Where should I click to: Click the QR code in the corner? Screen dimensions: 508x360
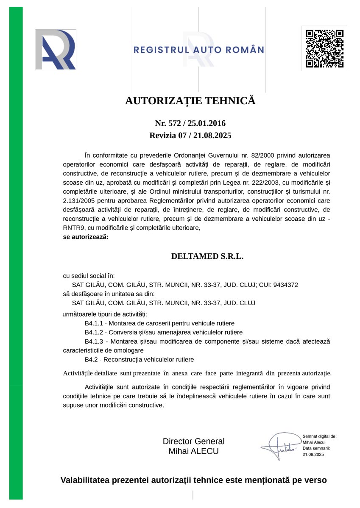(x=324, y=48)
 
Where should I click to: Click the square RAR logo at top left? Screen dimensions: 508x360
(x=56, y=49)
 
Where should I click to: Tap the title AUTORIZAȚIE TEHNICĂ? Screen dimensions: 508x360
(x=190, y=101)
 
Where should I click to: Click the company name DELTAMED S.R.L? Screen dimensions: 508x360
(x=207, y=256)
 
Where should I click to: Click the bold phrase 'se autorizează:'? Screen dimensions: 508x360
(x=86, y=237)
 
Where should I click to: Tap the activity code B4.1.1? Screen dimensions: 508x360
(x=94, y=323)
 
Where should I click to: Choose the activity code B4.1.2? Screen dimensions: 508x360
(x=94, y=332)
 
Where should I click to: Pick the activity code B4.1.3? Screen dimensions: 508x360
(x=94, y=341)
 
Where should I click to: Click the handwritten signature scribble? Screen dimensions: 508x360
(x=279, y=446)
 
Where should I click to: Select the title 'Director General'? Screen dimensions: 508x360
(x=194, y=441)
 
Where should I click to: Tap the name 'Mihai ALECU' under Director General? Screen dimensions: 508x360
(x=194, y=451)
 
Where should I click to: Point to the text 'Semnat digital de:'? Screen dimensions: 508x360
(x=319, y=436)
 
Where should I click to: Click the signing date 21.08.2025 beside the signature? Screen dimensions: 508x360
(x=313, y=454)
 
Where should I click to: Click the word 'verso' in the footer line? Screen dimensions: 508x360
(x=315, y=480)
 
